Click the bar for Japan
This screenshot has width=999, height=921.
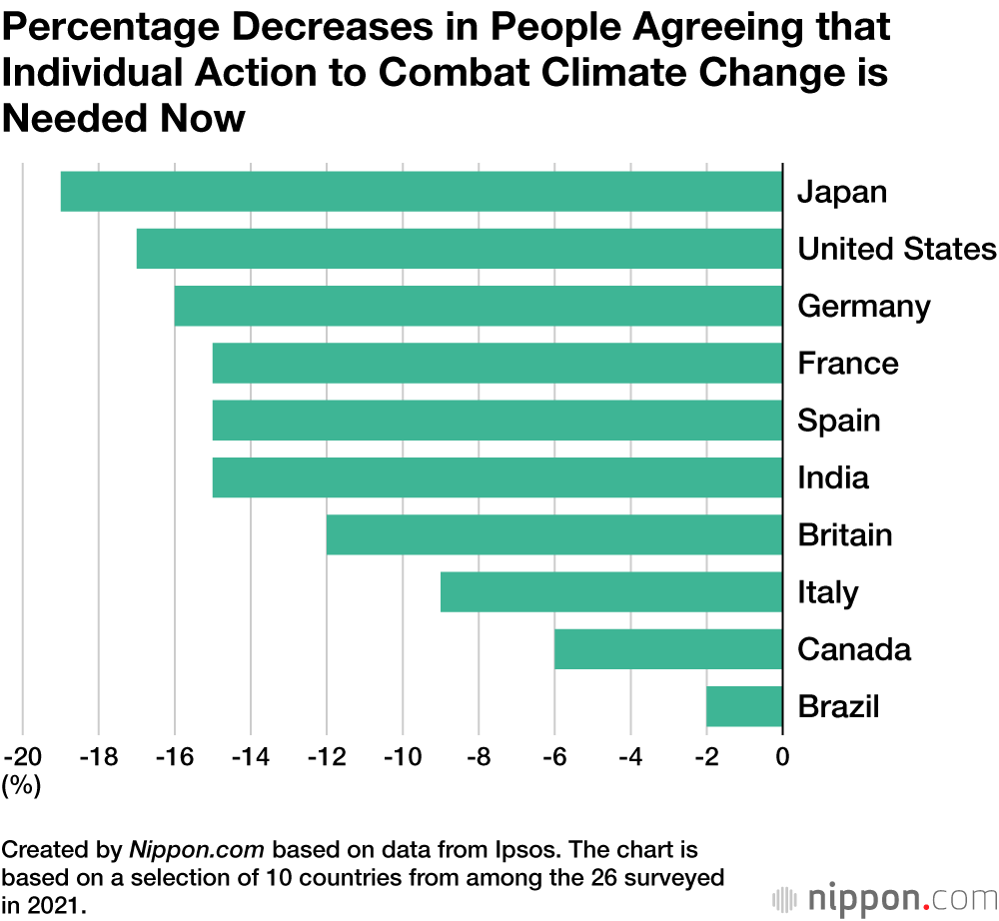click(421, 192)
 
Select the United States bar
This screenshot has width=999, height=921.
click(459, 249)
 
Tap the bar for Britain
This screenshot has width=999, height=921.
click(553, 534)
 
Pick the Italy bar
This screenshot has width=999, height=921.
click(610, 591)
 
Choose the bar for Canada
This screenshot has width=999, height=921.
click(667, 649)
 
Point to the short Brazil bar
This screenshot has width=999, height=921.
click(743, 706)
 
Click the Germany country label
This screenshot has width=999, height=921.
click(863, 307)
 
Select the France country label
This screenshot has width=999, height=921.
click(847, 364)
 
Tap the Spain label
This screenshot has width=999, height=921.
click(838, 421)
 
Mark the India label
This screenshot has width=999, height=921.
click(832, 477)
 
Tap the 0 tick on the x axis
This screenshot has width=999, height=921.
click(782, 756)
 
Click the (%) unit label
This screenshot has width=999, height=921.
click(21, 786)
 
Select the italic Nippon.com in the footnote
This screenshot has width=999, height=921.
click(197, 850)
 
